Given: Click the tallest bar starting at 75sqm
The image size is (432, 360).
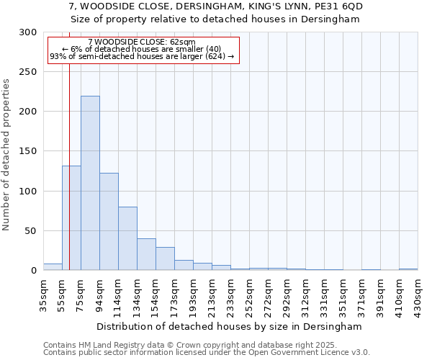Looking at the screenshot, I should pos(90,184).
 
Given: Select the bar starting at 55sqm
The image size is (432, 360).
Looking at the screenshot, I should pos(71,218).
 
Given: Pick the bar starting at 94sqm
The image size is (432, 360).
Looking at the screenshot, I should pos(109,222).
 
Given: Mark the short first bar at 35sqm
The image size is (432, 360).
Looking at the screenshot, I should pos(53,267).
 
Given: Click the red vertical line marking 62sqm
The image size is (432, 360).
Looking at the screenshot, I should pos(69,144).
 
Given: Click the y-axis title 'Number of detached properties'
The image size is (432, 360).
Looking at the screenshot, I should pos(6,155).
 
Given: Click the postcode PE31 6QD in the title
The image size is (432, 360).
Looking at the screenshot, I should pos(338,6).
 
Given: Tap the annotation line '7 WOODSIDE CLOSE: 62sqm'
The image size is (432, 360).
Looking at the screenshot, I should pos(142,42).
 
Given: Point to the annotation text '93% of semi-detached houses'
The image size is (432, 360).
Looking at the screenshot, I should pos(108,57).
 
